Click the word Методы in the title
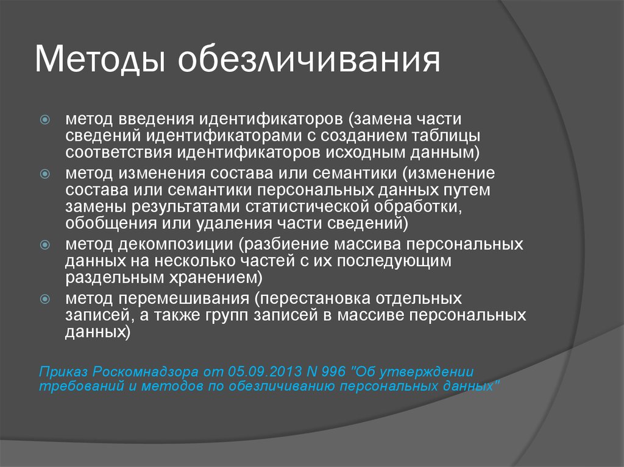[x=100, y=60]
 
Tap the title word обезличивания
[x=309, y=60]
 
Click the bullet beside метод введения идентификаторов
[x=45, y=119]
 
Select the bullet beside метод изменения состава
[x=45, y=174]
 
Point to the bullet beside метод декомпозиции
[x=45, y=244]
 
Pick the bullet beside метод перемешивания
[x=45, y=298]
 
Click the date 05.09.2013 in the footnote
[x=264, y=371]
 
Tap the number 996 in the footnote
[x=333, y=371]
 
